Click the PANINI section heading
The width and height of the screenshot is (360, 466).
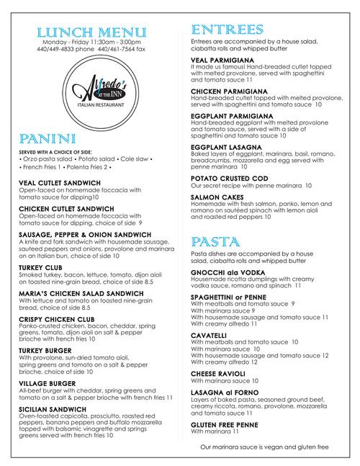(x=44, y=138)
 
